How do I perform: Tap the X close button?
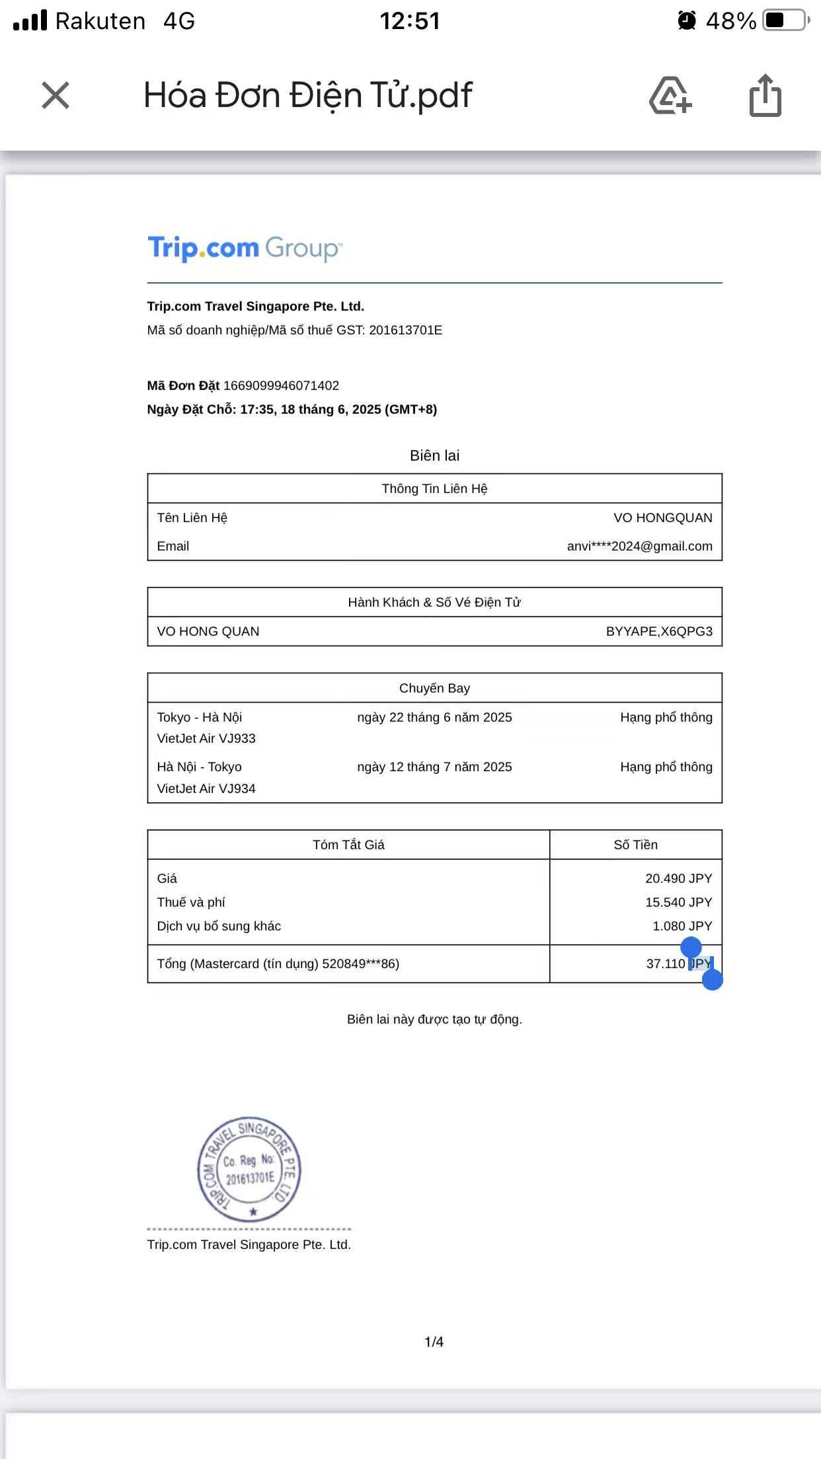(x=56, y=95)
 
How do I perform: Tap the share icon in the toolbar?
(x=765, y=96)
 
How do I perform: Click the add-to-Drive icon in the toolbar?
(x=670, y=96)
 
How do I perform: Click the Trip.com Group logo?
(x=245, y=248)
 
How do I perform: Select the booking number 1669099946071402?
(x=281, y=385)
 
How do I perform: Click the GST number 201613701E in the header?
(x=405, y=330)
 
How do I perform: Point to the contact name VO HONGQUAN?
(x=662, y=518)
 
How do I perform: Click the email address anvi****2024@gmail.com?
(x=639, y=546)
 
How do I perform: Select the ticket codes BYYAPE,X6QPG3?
(x=659, y=632)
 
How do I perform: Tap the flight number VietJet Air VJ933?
(x=206, y=739)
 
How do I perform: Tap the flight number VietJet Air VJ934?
(x=206, y=789)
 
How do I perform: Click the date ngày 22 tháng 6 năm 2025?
(x=434, y=718)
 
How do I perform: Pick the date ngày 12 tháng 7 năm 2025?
(x=434, y=767)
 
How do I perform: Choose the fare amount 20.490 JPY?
(x=678, y=879)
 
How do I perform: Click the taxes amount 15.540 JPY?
(x=678, y=903)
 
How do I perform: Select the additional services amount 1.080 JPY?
(x=682, y=926)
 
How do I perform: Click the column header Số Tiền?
(x=635, y=845)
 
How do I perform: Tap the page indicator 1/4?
(x=434, y=1342)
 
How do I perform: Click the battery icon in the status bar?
(x=785, y=20)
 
